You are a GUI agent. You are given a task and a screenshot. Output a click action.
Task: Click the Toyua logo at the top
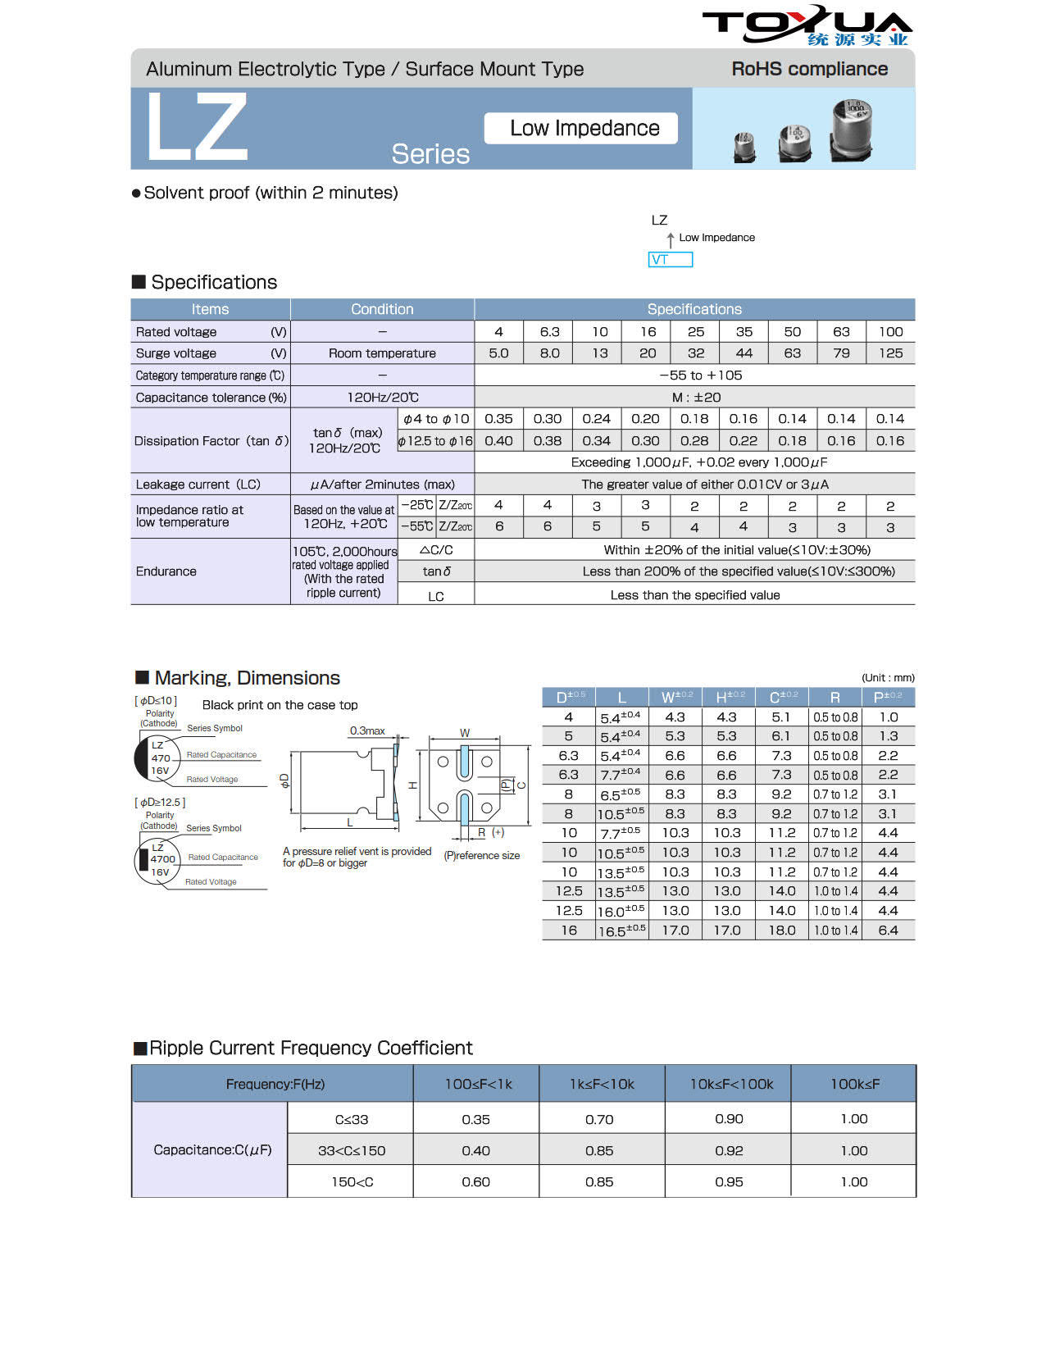[807, 25]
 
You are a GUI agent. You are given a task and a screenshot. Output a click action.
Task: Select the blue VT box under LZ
[670, 260]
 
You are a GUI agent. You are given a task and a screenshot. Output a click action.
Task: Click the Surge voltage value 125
[890, 353]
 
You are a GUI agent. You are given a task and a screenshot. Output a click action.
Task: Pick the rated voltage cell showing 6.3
[549, 332]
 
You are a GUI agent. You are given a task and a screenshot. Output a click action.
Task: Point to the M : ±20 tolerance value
[695, 398]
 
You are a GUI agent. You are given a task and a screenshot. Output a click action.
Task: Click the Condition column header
[382, 309]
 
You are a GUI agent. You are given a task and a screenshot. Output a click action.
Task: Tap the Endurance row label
[166, 571]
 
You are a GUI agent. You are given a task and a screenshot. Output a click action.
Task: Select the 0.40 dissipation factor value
[498, 441]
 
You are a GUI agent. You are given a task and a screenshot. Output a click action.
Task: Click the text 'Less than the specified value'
[694, 595]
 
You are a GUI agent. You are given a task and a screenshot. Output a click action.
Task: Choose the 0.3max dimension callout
[367, 730]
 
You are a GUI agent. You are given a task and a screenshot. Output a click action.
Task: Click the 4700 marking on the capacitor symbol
[162, 859]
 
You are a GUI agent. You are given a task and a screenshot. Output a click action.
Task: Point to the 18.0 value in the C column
[782, 931]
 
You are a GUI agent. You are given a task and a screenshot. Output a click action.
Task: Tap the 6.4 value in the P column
[888, 931]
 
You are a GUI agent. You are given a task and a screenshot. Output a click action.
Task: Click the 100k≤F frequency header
[854, 1084]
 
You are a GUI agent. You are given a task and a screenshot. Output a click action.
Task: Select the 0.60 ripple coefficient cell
[475, 1182]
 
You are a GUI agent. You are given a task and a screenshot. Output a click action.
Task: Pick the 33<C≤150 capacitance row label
[352, 1151]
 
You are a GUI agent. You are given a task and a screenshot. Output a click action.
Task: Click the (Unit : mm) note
[887, 678]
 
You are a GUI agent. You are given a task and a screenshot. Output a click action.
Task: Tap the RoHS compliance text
[809, 69]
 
